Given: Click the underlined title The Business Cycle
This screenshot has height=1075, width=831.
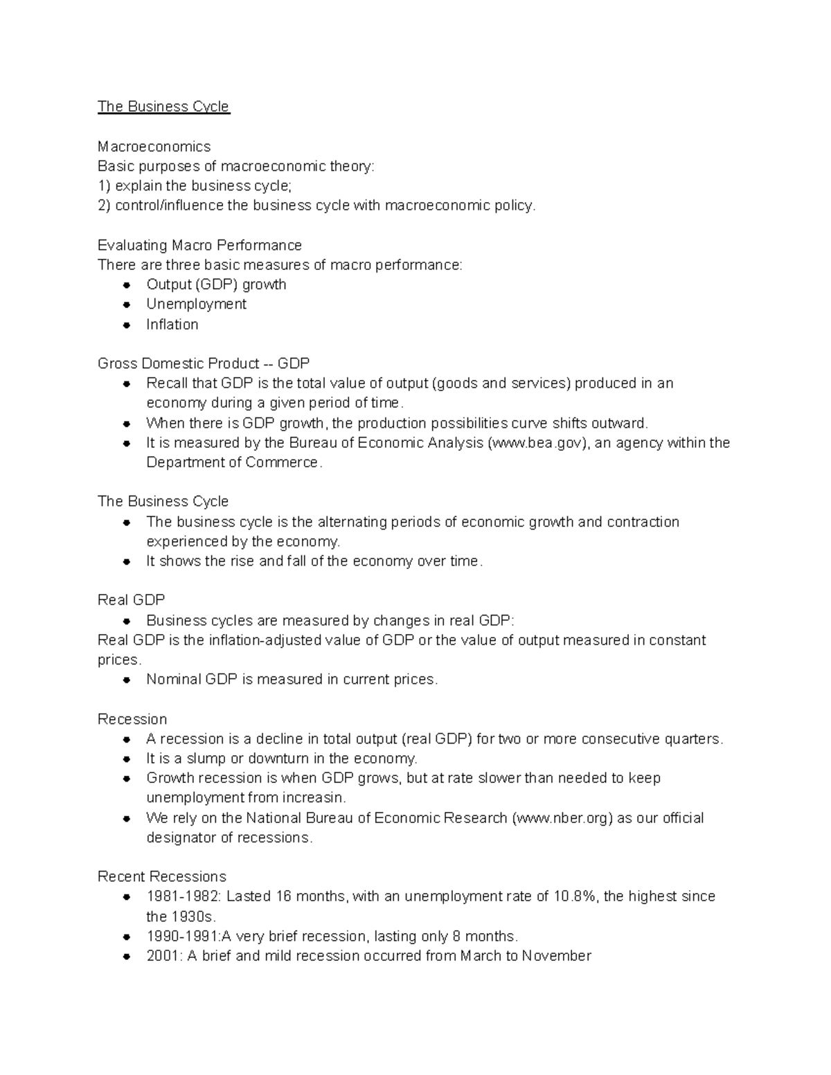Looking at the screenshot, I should click(163, 107).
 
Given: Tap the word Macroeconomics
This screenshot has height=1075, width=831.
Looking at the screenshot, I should click(154, 147).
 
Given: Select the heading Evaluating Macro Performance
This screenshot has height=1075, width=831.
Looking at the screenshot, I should click(199, 246).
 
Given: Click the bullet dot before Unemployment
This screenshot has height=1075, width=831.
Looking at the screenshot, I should click(127, 305).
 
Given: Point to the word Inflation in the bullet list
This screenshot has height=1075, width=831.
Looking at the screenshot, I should click(172, 325).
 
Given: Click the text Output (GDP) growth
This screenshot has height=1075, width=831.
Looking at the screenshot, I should click(216, 284).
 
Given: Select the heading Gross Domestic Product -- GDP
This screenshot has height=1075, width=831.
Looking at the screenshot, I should click(204, 363).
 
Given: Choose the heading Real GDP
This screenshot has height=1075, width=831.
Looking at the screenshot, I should click(131, 600).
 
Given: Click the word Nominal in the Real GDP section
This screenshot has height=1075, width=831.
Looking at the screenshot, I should click(173, 680).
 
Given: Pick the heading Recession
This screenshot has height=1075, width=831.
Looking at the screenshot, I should click(132, 719).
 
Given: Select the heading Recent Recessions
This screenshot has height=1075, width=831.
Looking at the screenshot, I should click(161, 876).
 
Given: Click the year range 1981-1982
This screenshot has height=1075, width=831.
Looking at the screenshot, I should click(183, 896).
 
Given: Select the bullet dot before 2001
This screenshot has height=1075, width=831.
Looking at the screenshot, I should click(127, 957).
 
